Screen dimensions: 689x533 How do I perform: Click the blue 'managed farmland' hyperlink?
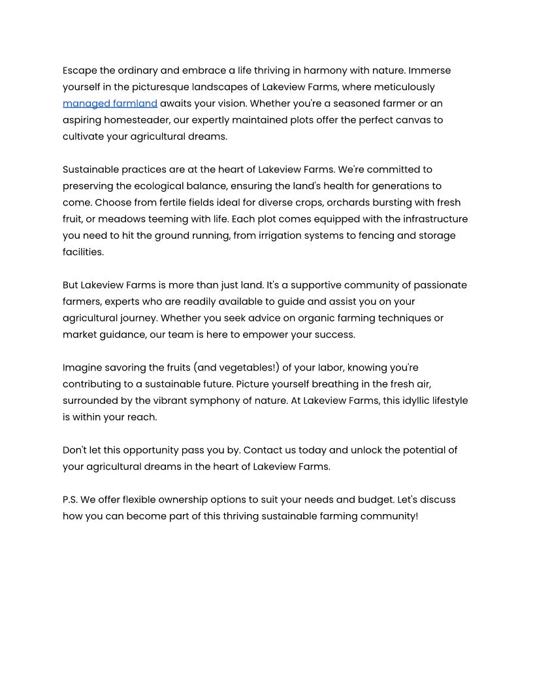(110, 103)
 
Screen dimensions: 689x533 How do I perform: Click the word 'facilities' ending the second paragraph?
(82, 252)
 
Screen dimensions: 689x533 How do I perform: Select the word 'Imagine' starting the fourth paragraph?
(82, 367)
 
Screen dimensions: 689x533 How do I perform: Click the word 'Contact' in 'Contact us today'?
(263, 450)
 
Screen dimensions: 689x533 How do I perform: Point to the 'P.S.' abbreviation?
(71, 500)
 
